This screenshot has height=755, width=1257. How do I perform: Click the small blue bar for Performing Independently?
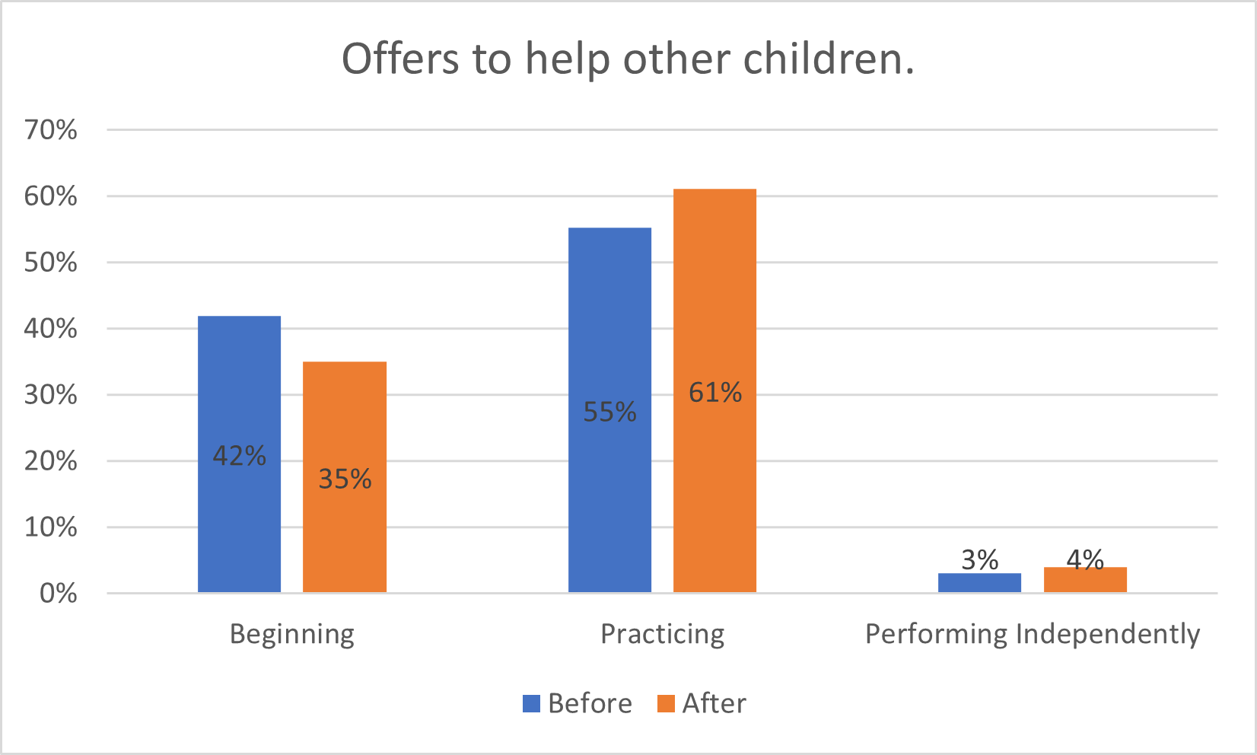pos(979,583)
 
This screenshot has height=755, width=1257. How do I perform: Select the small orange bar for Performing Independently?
pos(1085,581)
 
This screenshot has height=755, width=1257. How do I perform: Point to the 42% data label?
pos(239,456)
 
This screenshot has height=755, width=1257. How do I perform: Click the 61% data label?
pos(714,393)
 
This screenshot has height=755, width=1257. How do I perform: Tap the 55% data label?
pos(609,412)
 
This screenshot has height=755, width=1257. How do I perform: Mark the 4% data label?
pos(1085,559)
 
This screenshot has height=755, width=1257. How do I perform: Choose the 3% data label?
pos(979,560)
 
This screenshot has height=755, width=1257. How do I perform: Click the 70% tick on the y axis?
pos(50,130)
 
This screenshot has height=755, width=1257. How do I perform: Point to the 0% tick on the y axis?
pos(58,594)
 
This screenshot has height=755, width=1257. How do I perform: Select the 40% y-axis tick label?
pos(50,329)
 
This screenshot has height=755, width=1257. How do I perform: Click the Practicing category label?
pos(662,634)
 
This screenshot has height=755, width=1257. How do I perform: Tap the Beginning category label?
pos(292,634)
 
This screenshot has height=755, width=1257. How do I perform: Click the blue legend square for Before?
pos(531,703)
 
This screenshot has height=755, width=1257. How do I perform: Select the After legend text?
pos(714,703)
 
